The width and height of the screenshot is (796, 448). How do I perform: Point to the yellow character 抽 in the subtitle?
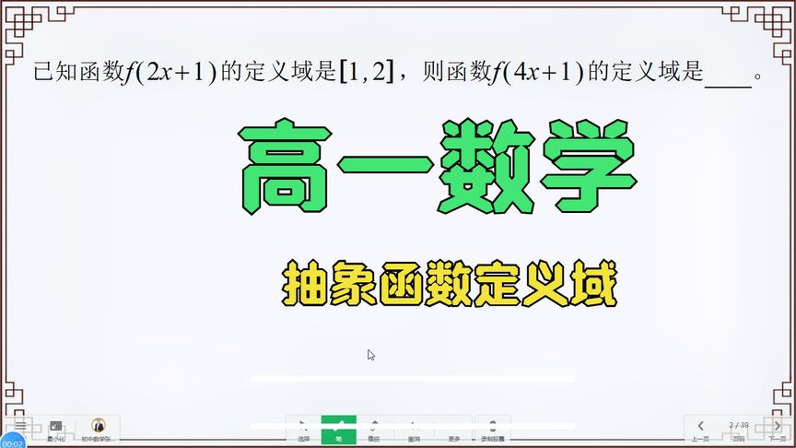[302, 287]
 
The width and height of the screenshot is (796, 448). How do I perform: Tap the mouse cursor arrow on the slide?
[370, 355]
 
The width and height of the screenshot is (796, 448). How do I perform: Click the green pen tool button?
[338, 430]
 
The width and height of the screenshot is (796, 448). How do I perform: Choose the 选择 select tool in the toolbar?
[303, 430]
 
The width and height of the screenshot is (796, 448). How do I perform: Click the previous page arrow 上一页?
[700, 430]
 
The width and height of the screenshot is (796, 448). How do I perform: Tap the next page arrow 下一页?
[775, 430]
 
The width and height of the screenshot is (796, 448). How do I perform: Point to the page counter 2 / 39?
[737, 425]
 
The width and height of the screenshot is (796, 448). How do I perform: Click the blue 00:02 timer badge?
[12, 442]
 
